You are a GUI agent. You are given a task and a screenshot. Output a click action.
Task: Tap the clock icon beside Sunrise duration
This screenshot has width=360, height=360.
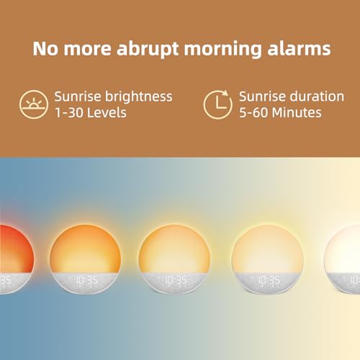coord(217,104)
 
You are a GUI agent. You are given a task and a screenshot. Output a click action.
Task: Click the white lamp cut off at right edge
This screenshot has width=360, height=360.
coord(347,252)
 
